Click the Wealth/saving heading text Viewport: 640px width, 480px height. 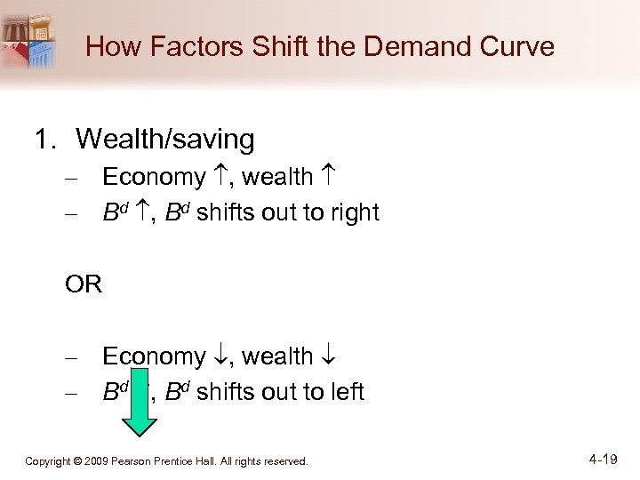[x=164, y=140]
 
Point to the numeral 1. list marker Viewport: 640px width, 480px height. [x=46, y=140]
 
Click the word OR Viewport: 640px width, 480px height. [x=84, y=284]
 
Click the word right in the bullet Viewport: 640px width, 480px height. [x=355, y=213]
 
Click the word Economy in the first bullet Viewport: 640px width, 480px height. [x=154, y=178]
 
